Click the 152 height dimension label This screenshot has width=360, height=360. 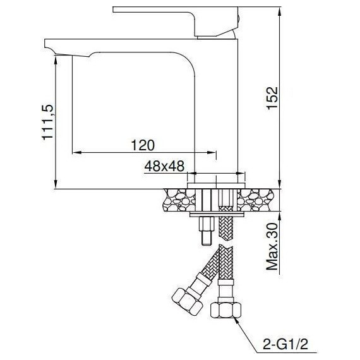[x=273, y=98]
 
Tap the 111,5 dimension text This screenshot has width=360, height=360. [x=47, y=122]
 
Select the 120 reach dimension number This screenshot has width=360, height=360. [x=143, y=145]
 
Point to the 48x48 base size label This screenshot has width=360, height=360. [x=164, y=166]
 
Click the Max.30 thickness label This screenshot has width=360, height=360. [x=272, y=246]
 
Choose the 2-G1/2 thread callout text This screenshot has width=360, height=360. [x=285, y=344]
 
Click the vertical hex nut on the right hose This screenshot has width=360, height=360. [x=226, y=309]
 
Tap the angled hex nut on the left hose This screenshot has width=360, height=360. [x=187, y=301]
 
